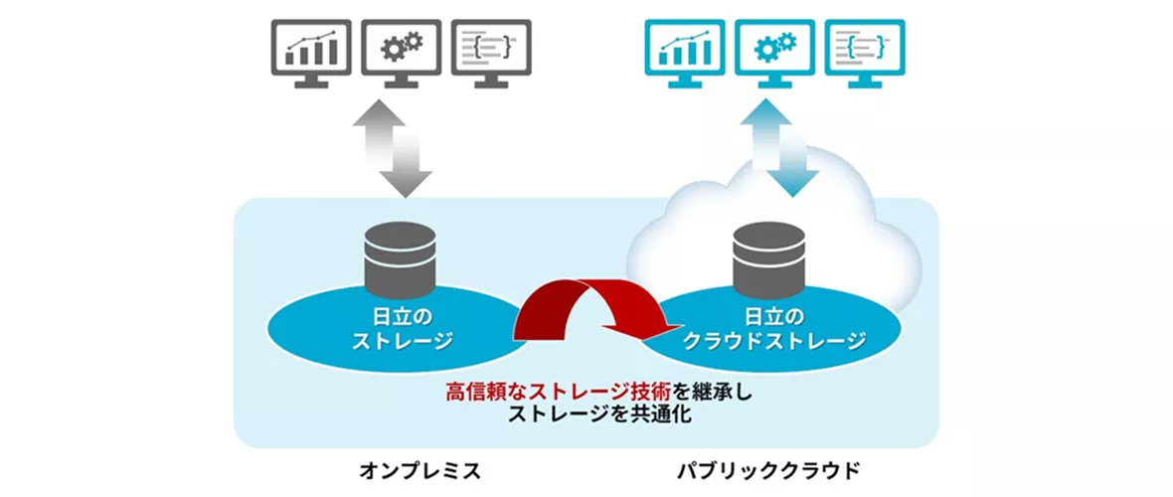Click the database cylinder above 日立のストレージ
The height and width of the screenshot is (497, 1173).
[x=401, y=255]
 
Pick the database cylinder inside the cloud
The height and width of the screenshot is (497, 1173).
[x=768, y=255]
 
